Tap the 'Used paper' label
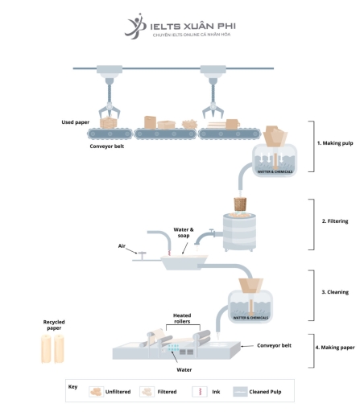pyautogui.click(x=75, y=122)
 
